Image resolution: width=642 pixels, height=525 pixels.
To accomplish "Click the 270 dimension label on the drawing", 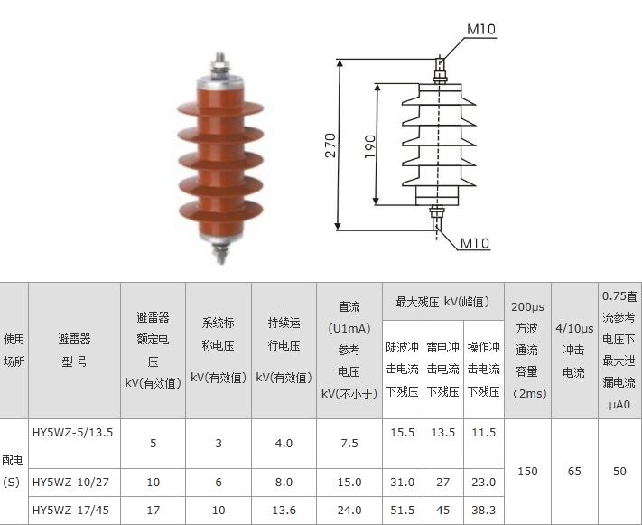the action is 330,145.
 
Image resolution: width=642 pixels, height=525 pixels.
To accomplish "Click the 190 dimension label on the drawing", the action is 369,146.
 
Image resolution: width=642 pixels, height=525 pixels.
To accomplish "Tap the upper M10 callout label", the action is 481,29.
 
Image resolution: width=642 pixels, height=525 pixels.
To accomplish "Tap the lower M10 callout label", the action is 475,243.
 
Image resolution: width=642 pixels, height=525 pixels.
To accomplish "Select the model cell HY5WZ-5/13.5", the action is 72,432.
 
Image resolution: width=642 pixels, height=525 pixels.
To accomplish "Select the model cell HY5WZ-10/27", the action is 70,482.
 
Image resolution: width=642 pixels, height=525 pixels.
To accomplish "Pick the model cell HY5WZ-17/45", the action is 70,511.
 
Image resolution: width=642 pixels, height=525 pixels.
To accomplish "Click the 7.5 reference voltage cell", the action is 349,443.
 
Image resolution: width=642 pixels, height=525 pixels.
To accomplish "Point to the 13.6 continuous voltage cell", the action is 284,511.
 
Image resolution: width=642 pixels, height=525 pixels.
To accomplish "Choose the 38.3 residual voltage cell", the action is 484,511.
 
